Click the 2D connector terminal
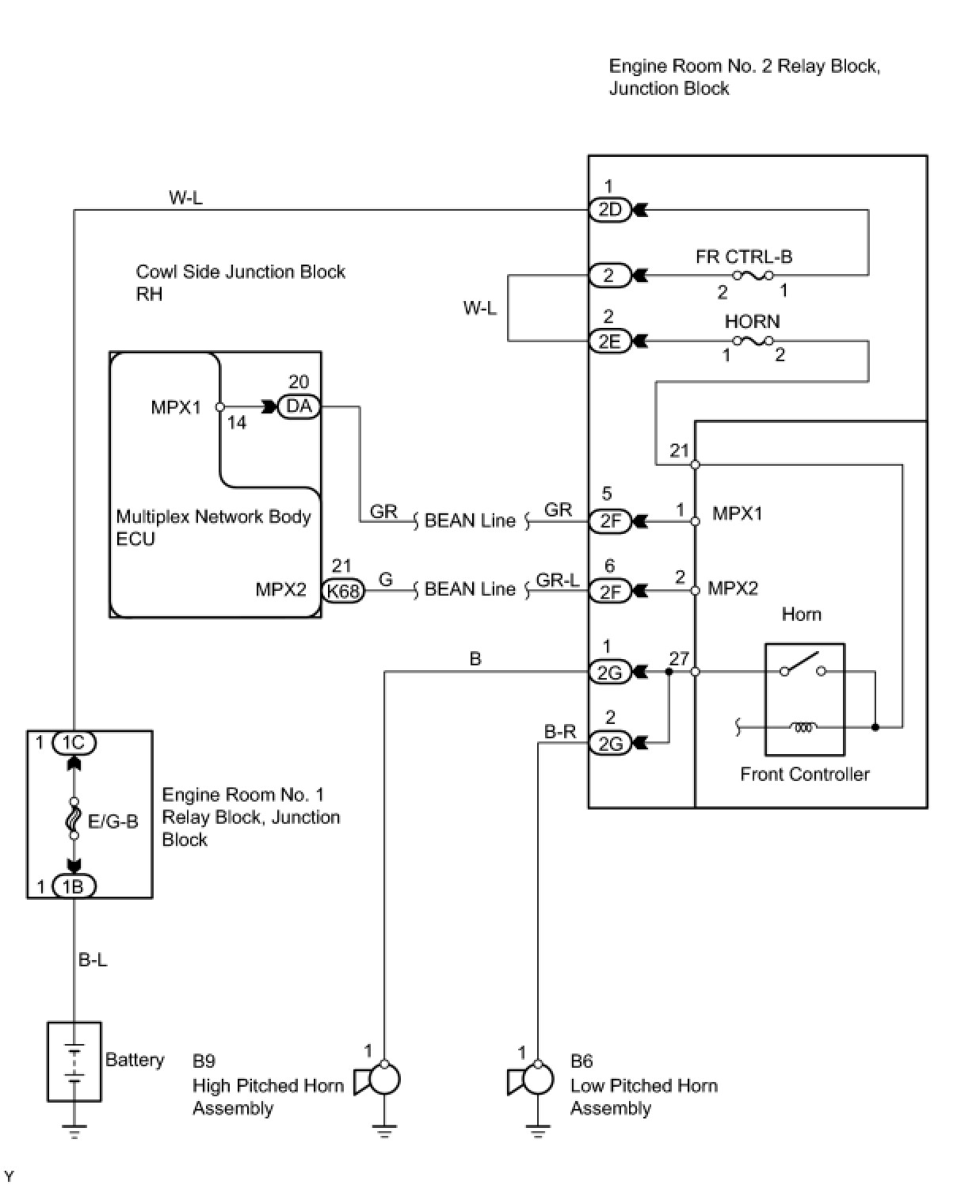609,210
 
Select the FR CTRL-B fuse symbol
753,275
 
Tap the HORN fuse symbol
753,341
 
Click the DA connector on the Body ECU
299,406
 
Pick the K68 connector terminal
343,590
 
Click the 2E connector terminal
609,341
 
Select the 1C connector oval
74,743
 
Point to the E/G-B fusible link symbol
74,818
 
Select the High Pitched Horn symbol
378,1080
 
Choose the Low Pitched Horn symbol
531,1080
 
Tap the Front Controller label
805,775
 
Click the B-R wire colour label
560,732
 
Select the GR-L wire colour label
558,581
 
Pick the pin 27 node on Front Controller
695,672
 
